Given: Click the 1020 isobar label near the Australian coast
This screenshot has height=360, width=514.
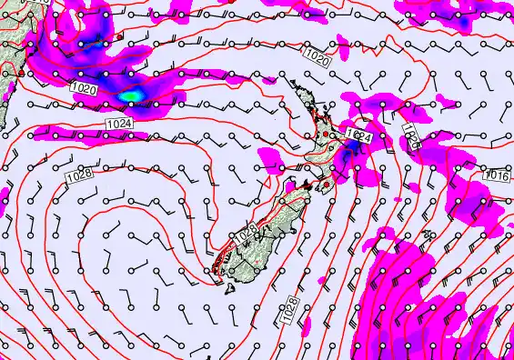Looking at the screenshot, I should pos(83,89).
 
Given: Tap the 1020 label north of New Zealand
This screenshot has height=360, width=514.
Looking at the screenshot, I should pos(317,58).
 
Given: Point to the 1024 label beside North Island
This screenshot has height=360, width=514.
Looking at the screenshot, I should pos(359,135).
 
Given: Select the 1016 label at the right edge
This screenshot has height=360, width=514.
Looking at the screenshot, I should pos(497,175).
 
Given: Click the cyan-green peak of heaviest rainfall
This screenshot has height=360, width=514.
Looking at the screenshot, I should pos(131,94).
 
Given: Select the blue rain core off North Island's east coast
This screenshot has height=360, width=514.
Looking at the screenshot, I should pos(348,155).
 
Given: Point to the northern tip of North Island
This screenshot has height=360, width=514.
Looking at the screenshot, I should pos(293,84).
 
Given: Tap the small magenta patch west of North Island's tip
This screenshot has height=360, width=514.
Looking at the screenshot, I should pos(269,80).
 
